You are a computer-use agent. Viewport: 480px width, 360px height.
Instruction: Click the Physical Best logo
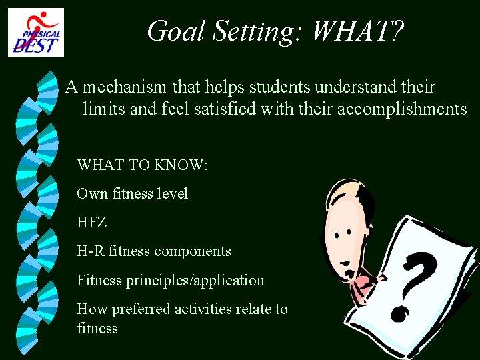pyautogui.click(x=36, y=31)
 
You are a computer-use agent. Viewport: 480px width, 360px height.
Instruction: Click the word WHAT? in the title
pyautogui.click(x=357, y=31)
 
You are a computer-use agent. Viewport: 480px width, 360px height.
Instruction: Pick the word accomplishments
pyautogui.click(x=402, y=109)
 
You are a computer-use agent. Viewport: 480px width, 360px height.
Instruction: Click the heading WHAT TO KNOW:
pyautogui.click(x=143, y=165)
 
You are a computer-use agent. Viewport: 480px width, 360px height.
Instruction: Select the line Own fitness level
pyautogui.click(x=132, y=194)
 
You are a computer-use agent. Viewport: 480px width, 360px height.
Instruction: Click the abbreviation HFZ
pyautogui.click(x=91, y=223)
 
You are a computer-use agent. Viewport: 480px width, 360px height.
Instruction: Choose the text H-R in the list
pyautogui.click(x=91, y=251)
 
